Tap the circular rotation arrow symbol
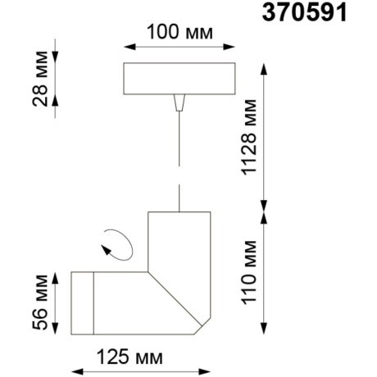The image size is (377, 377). click(x=115, y=243)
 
